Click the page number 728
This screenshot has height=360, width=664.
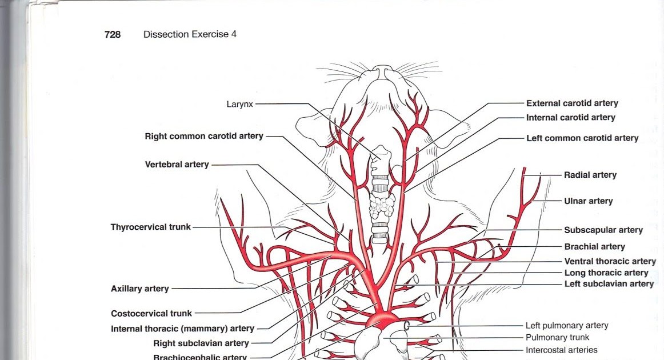pyautogui.click(x=113, y=34)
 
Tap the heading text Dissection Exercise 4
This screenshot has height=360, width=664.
pyautogui.click(x=190, y=34)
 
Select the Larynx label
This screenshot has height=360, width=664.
pyautogui.click(x=239, y=104)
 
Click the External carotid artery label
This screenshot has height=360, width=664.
pyautogui.click(x=572, y=103)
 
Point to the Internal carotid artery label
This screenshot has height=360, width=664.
pyautogui.click(x=570, y=118)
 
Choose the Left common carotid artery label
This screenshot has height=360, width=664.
pyautogui.click(x=582, y=138)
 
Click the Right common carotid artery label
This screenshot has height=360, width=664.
pyautogui.click(x=204, y=137)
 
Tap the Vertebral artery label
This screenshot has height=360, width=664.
pyautogui.click(x=177, y=165)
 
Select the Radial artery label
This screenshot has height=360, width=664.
pyautogui.click(x=590, y=175)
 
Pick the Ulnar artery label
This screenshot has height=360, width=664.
pyautogui.click(x=588, y=201)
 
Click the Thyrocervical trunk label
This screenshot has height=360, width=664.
pyautogui.click(x=151, y=227)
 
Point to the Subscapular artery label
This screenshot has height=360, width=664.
pyautogui.click(x=603, y=230)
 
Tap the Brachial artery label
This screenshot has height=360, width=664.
pyautogui.click(x=594, y=247)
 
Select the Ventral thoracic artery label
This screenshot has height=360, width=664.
pyautogui.click(x=610, y=261)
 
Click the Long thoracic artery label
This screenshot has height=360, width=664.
pyautogui.click(x=606, y=273)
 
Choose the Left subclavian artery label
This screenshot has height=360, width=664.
pyautogui.click(x=609, y=284)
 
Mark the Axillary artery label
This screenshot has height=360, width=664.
pyautogui.click(x=140, y=289)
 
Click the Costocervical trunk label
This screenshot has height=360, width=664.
pyautogui.click(x=151, y=314)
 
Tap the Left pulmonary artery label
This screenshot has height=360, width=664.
pyautogui.click(x=567, y=326)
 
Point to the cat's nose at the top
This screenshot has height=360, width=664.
pyautogui.click(x=383, y=70)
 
